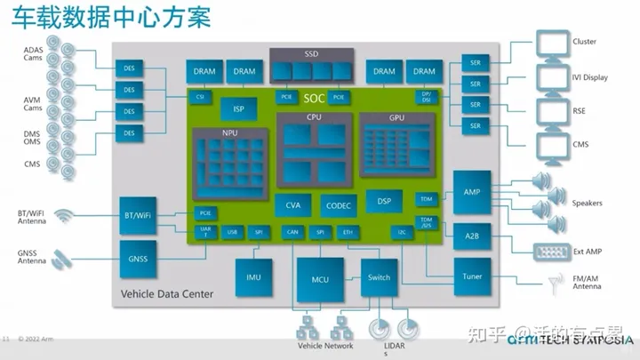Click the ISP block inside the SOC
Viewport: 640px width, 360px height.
click(x=238, y=109)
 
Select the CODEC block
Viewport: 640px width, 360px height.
click(x=338, y=205)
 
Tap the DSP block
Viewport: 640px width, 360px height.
click(x=384, y=201)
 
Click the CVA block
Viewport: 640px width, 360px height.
click(x=292, y=205)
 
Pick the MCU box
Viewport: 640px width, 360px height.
click(x=320, y=278)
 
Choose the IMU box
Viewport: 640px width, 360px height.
click(x=253, y=277)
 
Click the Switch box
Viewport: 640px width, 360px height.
click(x=379, y=277)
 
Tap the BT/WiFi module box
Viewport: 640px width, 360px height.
click(x=137, y=214)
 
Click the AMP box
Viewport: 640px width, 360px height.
click(x=471, y=188)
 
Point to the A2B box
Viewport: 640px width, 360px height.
click(x=471, y=236)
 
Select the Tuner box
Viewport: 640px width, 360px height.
click(x=471, y=276)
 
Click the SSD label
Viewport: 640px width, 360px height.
click(x=311, y=54)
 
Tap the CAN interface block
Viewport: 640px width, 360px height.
click(x=292, y=232)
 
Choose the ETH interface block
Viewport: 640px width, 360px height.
click(x=348, y=232)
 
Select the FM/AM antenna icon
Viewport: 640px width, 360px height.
click(x=557, y=283)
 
